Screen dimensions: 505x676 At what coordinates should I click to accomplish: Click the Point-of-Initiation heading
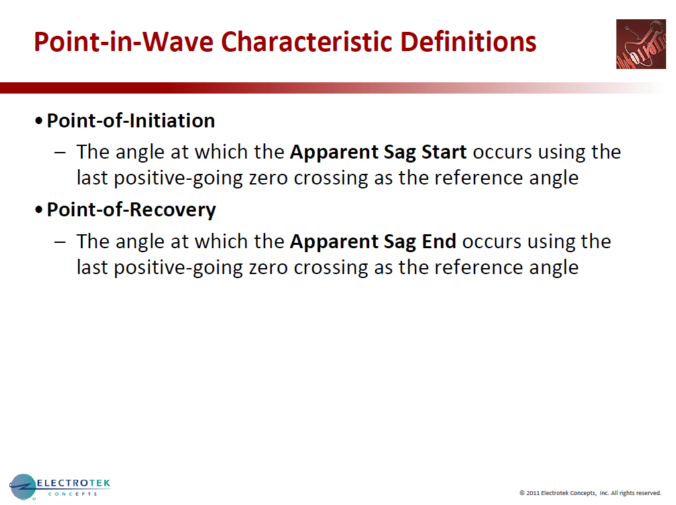coord(131,121)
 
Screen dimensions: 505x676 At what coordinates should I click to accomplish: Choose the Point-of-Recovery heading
coord(131,210)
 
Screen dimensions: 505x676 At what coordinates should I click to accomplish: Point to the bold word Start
coord(444,152)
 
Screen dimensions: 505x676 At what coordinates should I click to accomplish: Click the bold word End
coord(439,241)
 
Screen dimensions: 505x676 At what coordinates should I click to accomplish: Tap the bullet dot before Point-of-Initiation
coord(40,121)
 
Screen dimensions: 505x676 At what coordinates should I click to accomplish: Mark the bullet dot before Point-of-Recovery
coord(40,210)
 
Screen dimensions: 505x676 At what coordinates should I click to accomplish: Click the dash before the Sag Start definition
coord(60,153)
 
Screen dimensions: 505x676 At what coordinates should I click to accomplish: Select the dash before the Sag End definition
coord(60,242)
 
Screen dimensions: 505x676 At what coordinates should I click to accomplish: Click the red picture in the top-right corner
coord(640,44)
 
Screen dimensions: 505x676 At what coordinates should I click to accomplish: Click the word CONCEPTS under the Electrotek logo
coord(73,494)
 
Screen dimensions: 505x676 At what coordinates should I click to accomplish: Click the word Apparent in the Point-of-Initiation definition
coord(334,152)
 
